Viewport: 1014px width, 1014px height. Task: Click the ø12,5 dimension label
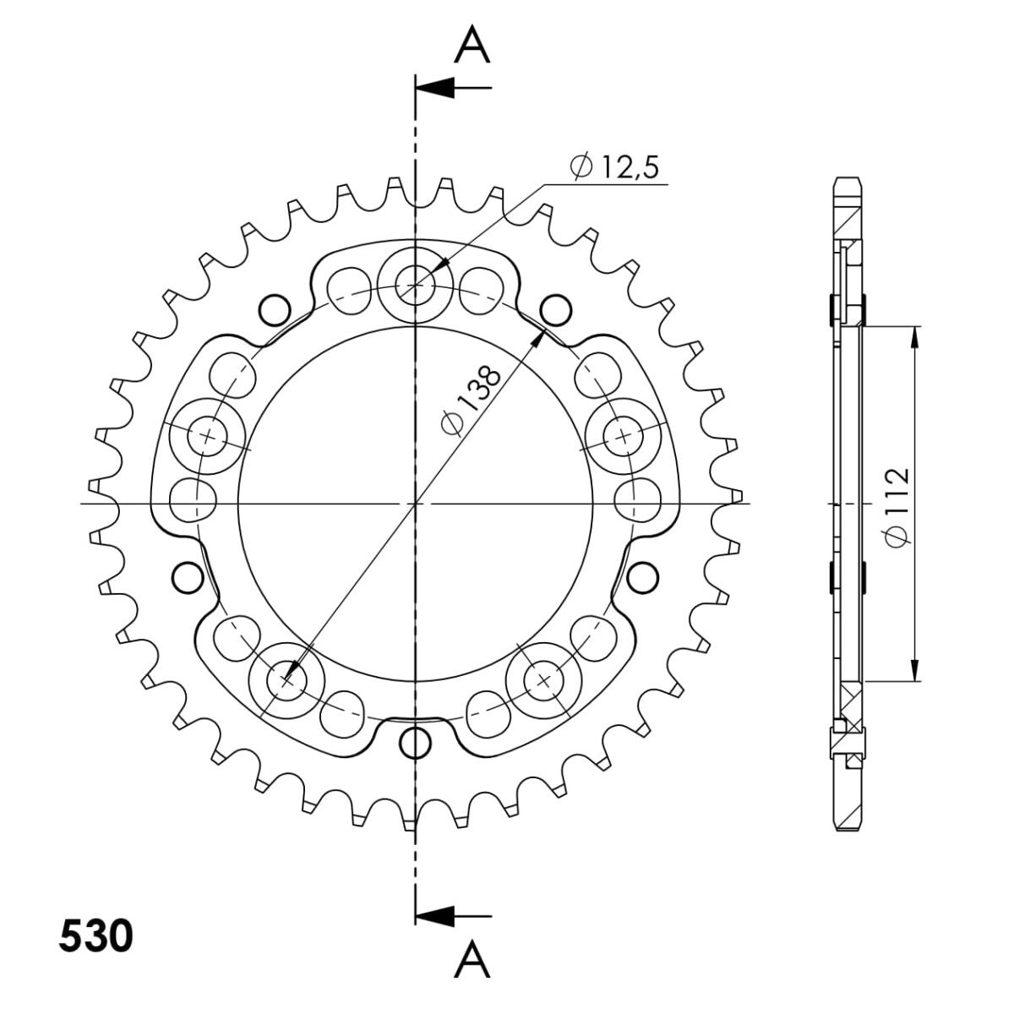613,167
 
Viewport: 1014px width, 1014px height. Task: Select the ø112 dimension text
897,507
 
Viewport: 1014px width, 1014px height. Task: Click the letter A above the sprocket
472,46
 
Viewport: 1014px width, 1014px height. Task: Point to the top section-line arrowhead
434,87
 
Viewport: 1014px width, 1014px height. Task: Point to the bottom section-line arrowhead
434,916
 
